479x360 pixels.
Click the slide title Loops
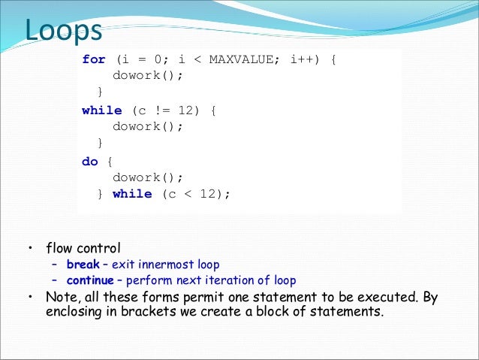64,31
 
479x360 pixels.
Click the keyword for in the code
94,59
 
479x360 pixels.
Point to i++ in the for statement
305,59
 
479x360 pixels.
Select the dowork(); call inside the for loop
148,76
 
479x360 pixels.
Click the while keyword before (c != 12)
102,110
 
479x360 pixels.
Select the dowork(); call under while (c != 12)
148,126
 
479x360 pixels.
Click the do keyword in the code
90,161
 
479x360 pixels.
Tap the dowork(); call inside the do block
148,177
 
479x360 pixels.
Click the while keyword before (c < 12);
132,194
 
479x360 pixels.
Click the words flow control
83,247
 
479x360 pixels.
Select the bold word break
83,265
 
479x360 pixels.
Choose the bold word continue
91,280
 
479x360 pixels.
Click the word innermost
164,265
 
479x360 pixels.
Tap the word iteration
224,280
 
